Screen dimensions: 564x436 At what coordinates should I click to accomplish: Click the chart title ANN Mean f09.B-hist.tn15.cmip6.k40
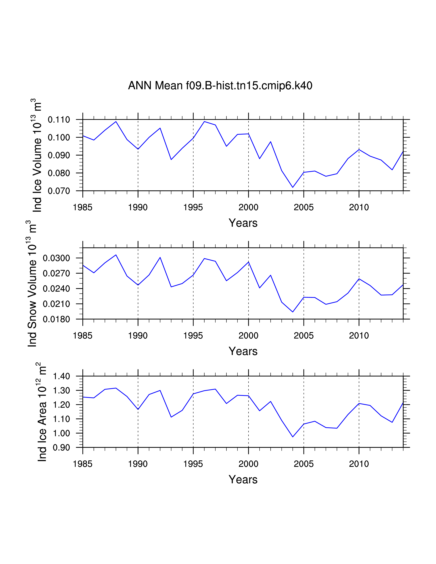[x=220, y=85]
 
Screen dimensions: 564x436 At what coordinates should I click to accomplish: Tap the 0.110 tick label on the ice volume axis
[x=59, y=120]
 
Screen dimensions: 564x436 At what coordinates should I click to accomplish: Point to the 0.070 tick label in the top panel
[x=59, y=191]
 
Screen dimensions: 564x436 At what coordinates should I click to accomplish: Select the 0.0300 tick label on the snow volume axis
[x=56, y=258]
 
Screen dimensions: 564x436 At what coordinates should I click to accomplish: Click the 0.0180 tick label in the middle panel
[x=56, y=319]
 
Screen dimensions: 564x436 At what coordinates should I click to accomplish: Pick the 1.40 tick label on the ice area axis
[x=62, y=376]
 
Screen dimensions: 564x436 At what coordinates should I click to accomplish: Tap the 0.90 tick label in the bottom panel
[x=62, y=448]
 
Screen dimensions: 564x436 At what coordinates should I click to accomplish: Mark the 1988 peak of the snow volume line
[x=116, y=255]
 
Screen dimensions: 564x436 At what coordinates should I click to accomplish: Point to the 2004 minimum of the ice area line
[x=293, y=437]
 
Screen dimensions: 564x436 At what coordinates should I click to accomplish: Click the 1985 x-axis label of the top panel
[x=83, y=207]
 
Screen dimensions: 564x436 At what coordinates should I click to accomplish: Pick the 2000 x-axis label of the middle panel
[x=248, y=336]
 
